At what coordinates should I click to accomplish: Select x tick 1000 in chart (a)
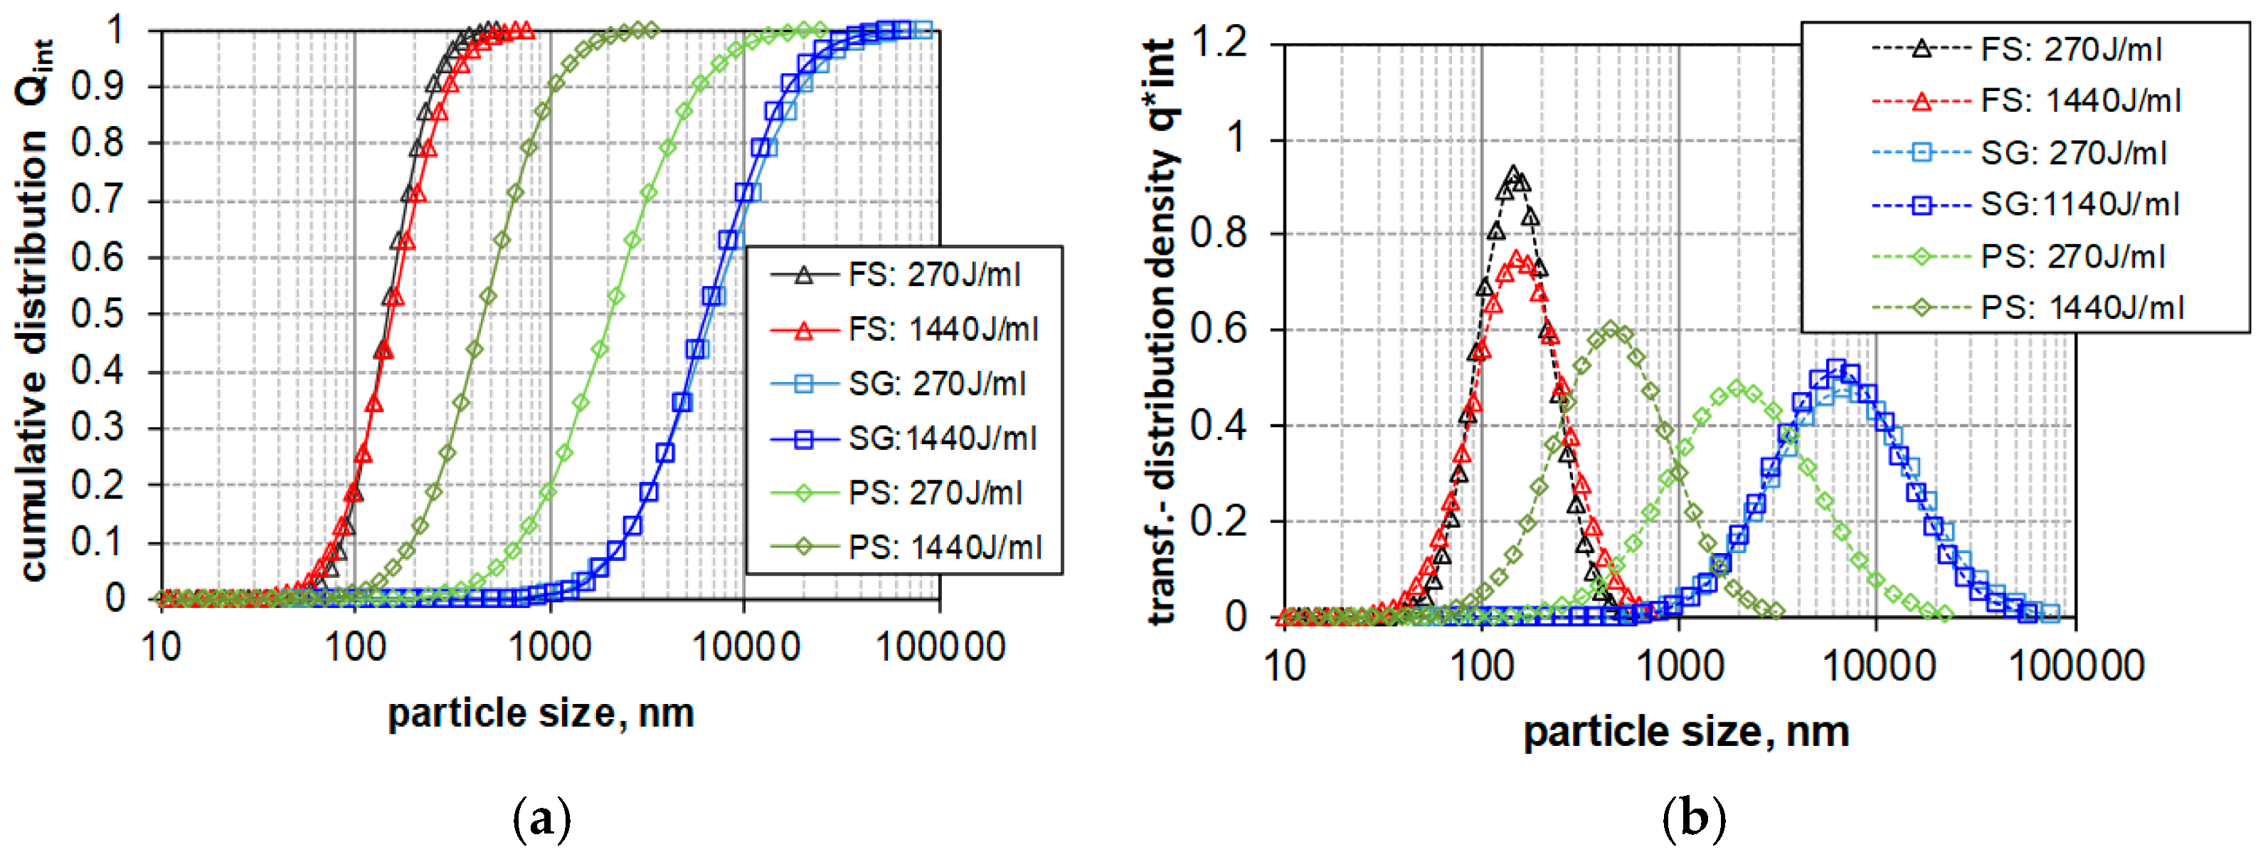pos(550,648)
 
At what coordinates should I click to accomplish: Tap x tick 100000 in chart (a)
pos(940,648)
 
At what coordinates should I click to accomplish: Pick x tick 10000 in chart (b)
pos(1878,666)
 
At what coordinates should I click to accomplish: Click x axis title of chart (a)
pos(541,712)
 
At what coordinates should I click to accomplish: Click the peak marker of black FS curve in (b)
pos(1512,174)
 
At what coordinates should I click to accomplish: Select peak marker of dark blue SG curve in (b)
pos(1836,367)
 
